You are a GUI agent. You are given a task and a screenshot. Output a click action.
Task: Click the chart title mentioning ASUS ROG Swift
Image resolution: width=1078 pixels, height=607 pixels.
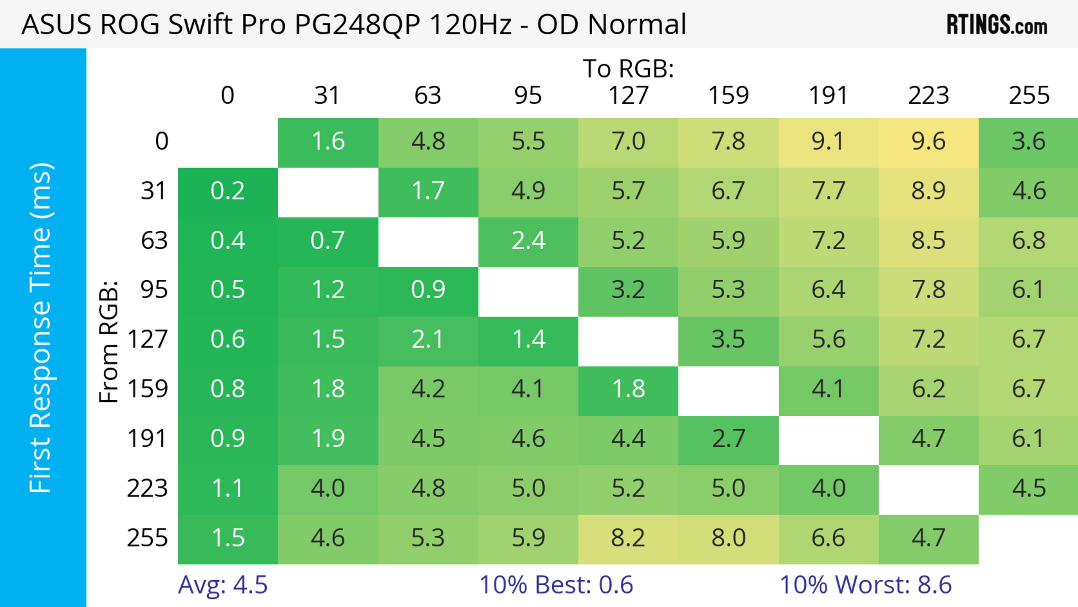pos(354,24)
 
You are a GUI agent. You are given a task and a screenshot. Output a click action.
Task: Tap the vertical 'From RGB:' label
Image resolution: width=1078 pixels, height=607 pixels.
pos(108,342)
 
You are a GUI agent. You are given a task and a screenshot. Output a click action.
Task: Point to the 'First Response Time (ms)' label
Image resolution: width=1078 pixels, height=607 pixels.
pos(41,327)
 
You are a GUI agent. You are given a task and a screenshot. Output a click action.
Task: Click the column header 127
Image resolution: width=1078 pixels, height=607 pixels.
pos(628,96)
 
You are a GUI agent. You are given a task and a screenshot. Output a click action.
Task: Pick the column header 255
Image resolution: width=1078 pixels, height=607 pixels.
pos(1029,96)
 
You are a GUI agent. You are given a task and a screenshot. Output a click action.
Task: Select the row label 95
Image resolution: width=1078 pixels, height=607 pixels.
pos(154,290)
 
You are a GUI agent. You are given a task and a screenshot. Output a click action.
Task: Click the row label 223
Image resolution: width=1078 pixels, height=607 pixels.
pos(147,488)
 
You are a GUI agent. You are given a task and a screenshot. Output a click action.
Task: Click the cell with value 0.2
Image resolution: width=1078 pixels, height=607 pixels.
pos(228,191)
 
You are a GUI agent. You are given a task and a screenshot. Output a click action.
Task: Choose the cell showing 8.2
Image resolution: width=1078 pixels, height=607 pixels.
pos(628,538)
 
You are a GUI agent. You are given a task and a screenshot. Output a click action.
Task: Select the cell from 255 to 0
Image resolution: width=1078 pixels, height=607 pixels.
pos(228,538)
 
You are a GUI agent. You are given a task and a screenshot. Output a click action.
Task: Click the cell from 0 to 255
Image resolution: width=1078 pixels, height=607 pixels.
pos(1029,142)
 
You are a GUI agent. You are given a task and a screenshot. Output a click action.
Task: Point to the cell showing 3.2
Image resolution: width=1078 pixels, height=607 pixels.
pos(628,290)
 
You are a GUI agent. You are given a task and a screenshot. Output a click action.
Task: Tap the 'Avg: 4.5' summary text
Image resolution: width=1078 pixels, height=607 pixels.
pos(223,585)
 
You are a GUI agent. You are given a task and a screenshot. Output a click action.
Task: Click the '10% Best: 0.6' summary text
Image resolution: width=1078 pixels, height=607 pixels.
pos(556,585)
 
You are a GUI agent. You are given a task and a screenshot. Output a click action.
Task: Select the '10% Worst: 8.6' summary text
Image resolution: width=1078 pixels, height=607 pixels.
pos(865,585)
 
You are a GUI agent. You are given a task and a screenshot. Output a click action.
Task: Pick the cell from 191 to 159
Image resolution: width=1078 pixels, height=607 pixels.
pos(728,439)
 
